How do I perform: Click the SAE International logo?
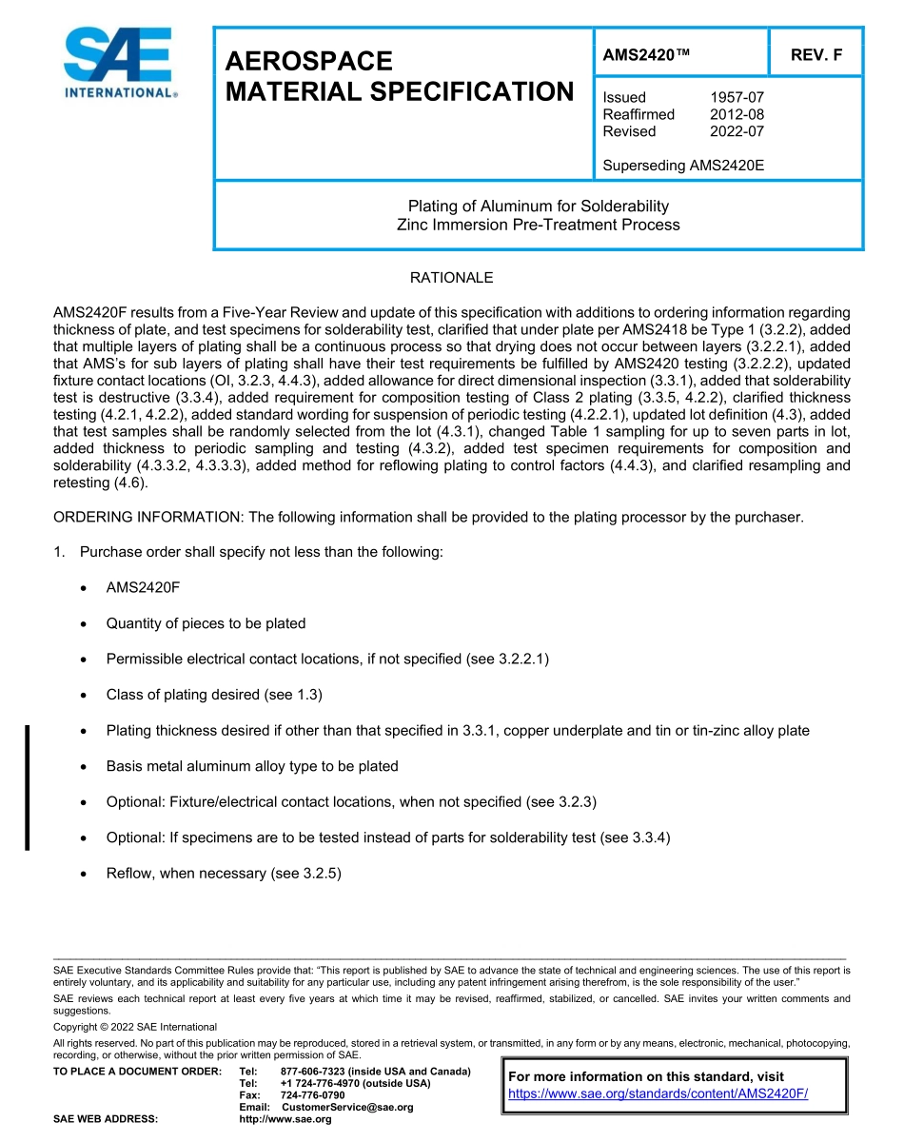119,63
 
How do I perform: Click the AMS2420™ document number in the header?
645,55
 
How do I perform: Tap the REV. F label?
816,55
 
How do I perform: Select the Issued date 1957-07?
737,97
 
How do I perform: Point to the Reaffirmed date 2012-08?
737,114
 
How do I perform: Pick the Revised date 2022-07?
737,131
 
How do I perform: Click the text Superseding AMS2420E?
683,166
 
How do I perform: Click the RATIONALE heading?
451,278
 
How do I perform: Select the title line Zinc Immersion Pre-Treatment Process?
538,226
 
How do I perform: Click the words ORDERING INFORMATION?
147,518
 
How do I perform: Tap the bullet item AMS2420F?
143,588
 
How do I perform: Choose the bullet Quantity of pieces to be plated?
206,623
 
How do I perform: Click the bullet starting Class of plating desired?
214,695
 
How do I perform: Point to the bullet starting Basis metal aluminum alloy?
252,766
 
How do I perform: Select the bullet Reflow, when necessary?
224,873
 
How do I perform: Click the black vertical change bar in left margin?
28,786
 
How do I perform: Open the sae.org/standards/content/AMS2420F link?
658,1093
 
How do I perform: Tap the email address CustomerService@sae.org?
346,1108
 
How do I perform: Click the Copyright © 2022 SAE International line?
135,1027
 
